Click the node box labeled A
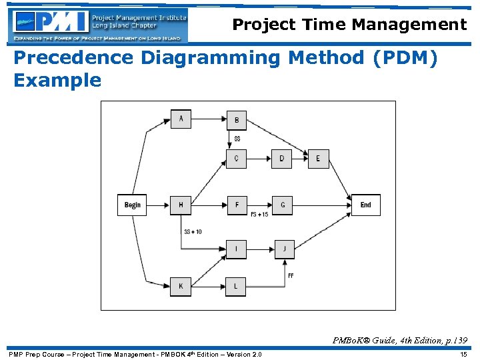(181, 119)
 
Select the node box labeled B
(236, 120)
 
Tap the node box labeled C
(236, 159)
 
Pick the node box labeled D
(281, 159)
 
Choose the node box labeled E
(318, 159)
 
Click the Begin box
(133, 205)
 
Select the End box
(366, 205)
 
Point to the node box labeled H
(181, 205)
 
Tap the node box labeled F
(236, 205)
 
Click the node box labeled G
(282, 205)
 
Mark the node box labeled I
(236, 249)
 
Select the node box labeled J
(284, 249)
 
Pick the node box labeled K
(181, 286)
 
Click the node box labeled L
(236, 286)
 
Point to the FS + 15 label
(259, 215)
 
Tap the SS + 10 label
(193, 231)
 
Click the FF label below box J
(291, 275)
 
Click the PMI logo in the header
(99, 25)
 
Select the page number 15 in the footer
(463, 354)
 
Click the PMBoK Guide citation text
(400, 341)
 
